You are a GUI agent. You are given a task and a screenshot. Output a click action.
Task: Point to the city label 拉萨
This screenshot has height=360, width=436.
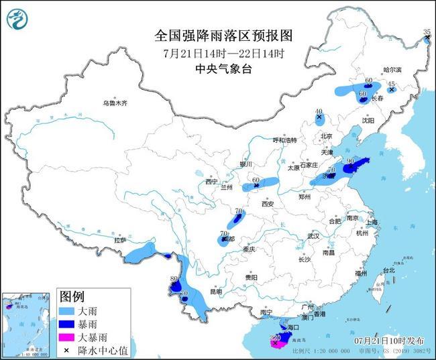coord(120,239)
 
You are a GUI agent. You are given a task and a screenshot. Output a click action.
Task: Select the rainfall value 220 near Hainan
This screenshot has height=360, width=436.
coord(274,337)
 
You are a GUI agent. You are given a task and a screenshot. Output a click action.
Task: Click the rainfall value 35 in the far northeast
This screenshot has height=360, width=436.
coord(427,32)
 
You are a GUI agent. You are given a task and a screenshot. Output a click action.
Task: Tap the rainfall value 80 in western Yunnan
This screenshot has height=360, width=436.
coord(174,279)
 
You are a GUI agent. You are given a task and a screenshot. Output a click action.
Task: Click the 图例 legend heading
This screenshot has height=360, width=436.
coord(72,297)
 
